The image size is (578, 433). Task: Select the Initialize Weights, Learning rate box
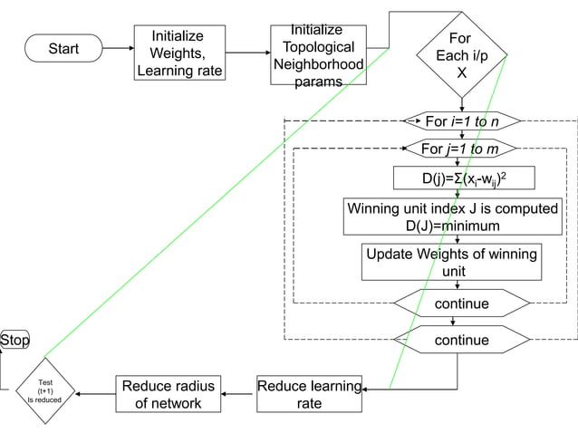178,52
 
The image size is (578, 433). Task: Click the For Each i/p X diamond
459,55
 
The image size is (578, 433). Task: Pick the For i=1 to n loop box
461,121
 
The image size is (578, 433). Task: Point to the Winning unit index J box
453,217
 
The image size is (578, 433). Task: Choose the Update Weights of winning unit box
451,262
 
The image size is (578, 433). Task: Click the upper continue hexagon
461,303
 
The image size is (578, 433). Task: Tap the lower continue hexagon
461,340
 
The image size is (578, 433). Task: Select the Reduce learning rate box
309,395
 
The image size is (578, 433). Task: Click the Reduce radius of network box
169,395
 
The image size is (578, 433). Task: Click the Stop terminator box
14,341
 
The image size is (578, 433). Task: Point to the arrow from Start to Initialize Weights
119,49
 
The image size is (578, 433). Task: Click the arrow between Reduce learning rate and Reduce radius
239,395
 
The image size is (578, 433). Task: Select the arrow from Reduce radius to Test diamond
95,395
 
